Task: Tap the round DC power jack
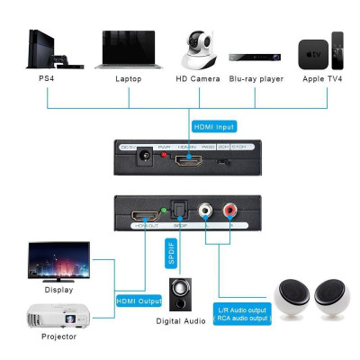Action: tap(141, 162)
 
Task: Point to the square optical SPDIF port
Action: tap(180, 214)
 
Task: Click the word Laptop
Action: tap(129, 79)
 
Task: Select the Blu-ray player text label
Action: tap(256, 79)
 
